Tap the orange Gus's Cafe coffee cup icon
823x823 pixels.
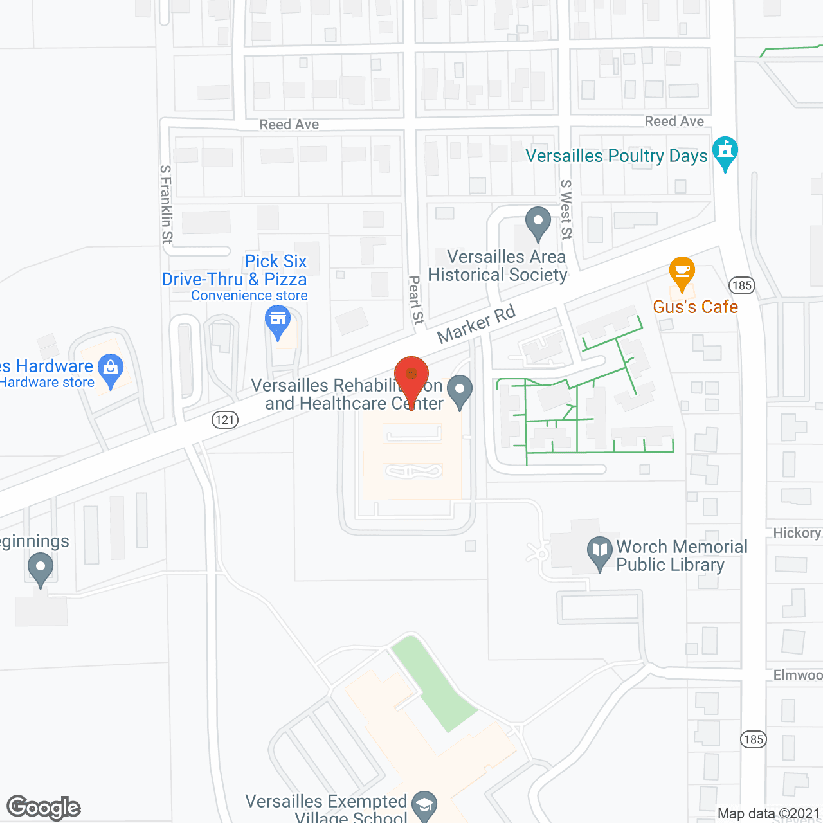pyautogui.click(x=682, y=273)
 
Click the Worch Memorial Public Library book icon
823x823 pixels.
pyautogui.click(x=600, y=552)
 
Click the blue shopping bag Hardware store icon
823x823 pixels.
pyautogui.click(x=111, y=371)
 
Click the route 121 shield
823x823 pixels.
pyautogui.click(x=225, y=420)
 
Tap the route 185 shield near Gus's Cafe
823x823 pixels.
pyautogui.click(x=741, y=285)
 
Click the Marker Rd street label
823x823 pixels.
pyautogui.click(x=476, y=324)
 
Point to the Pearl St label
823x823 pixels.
pyautogui.click(x=417, y=300)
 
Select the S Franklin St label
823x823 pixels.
pyautogui.click(x=167, y=204)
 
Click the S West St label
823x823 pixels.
pyautogui.click(x=566, y=210)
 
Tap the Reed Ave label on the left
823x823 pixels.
pyautogui.click(x=289, y=125)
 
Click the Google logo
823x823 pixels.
pyautogui.click(x=44, y=808)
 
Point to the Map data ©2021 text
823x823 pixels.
pyautogui.click(x=768, y=814)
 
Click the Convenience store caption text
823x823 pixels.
pyautogui.click(x=249, y=296)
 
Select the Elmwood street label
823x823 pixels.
pyautogui.click(x=798, y=675)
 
